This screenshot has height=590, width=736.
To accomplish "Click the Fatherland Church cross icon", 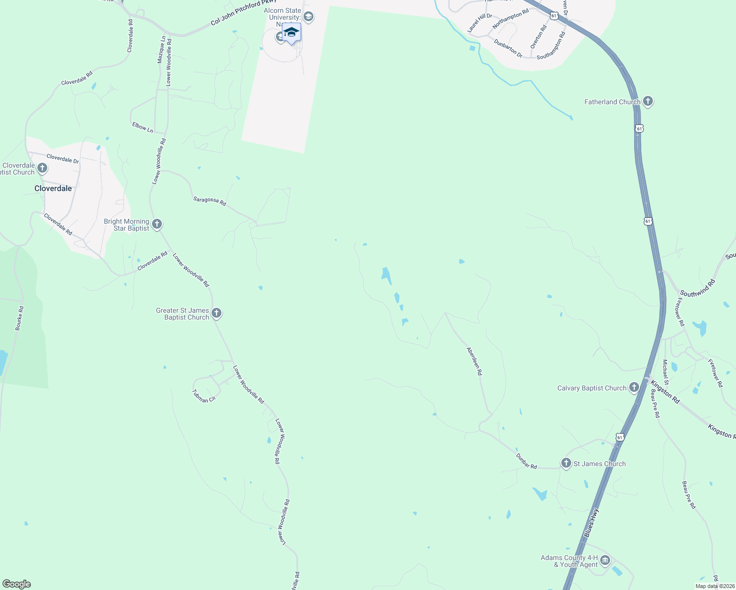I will [647, 102].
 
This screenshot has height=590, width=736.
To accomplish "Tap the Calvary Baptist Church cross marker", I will [634, 388].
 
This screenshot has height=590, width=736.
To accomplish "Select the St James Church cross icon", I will [566, 463].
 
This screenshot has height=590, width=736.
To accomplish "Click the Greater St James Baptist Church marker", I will [216, 313].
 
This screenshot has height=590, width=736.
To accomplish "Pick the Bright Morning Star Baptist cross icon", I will [156, 225].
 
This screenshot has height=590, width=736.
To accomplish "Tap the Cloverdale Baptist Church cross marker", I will [42, 169].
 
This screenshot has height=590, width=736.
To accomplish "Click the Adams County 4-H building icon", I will [605, 560].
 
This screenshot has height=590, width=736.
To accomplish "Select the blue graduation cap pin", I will [291, 32].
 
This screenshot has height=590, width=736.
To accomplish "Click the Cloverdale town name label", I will [53, 188].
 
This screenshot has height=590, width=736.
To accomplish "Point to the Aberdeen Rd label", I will [474, 361].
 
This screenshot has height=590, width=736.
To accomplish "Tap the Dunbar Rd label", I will [526, 461].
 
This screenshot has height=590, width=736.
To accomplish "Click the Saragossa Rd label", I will [210, 201].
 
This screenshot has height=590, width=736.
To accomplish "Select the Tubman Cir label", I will [204, 396].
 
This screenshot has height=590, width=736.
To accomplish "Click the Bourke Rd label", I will [19, 318].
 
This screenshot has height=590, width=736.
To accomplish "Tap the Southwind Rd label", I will [698, 288].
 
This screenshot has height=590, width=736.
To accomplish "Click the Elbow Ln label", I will [143, 127].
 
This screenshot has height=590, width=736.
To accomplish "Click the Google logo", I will [17, 584].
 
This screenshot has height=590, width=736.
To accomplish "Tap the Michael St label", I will [666, 372].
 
